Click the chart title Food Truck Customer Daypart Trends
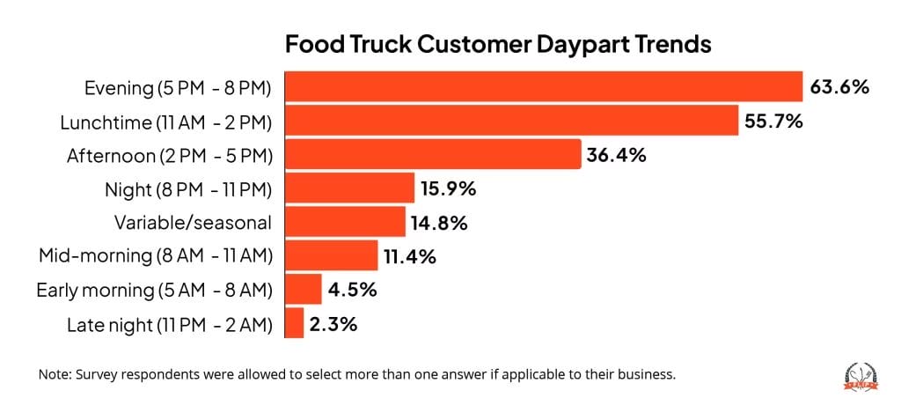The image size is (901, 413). click(x=497, y=43)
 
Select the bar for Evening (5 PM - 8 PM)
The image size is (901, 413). click(x=544, y=87)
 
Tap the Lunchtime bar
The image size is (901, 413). click(x=511, y=121)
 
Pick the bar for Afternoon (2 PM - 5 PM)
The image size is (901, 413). click(x=433, y=154)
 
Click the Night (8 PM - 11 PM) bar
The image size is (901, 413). click(x=349, y=188)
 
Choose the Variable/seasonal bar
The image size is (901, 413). click(x=345, y=221)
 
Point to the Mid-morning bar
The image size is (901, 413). click(x=331, y=255)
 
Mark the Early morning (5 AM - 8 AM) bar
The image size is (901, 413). click(x=304, y=289)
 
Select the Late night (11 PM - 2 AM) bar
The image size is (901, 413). click(x=294, y=322)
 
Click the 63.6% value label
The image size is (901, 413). click(x=839, y=87)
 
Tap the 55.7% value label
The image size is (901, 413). click(x=773, y=121)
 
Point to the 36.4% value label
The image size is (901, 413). click(x=617, y=155)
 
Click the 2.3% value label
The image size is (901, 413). click(x=333, y=323)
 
